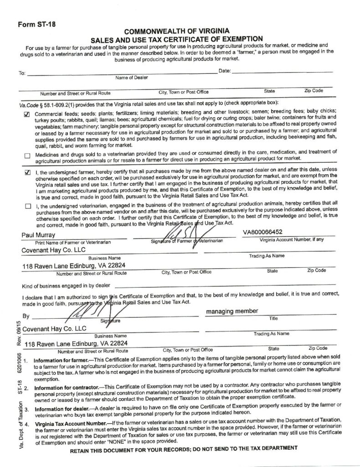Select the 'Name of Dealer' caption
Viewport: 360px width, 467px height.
click(x=132, y=78)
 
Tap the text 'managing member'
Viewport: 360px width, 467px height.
click(x=232, y=311)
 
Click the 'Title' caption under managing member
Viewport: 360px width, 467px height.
click(x=273, y=318)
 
